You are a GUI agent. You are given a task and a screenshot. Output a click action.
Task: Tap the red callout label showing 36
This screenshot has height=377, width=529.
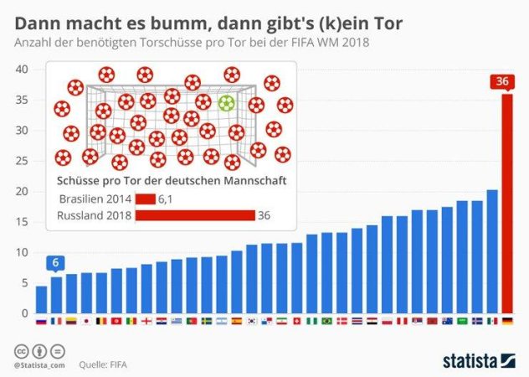coord(502,82)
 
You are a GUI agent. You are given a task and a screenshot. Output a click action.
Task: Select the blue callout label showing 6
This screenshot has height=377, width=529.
coord(56,263)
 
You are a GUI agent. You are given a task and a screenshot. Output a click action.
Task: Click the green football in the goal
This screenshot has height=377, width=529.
coord(226,104)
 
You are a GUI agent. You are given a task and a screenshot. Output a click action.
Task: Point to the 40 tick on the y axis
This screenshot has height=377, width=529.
coord(22,69)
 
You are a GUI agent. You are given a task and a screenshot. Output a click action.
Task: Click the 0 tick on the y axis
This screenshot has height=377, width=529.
coord(25,313)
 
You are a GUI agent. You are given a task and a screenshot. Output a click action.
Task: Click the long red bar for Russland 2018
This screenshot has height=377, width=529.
coord(195,215)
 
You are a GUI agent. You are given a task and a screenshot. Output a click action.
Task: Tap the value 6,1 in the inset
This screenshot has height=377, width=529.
coord(167,199)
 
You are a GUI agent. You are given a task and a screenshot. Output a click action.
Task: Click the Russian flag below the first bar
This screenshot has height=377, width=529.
coord(41,321)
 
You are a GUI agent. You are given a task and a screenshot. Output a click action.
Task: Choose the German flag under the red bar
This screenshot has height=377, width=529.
coord(506,321)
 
